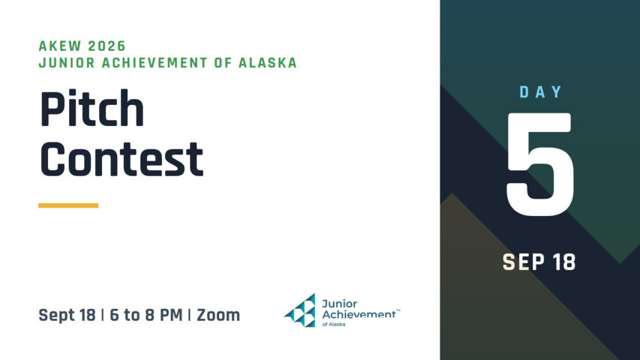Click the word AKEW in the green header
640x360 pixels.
tap(59, 46)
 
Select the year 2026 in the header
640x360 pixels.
tap(107, 46)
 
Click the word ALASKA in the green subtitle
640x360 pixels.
tap(267, 63)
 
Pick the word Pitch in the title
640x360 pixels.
tap(92, 109)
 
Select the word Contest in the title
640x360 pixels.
tap(122, 159)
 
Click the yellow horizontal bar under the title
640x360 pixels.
tap(68, 205)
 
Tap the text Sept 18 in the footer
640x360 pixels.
tap(67, 315)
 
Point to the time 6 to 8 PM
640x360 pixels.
tap(146, 315)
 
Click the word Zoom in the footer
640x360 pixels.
tap(218, 315)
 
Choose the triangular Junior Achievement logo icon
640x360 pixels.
tap(300, 310)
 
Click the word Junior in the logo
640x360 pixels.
tap(339, 304)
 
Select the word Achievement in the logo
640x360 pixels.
tap(359, 314)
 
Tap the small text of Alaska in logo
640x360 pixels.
tap(333, 325)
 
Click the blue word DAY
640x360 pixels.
tap(541, 92)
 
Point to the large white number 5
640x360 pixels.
tap(540, 164)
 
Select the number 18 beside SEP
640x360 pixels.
tap(563, 262)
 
